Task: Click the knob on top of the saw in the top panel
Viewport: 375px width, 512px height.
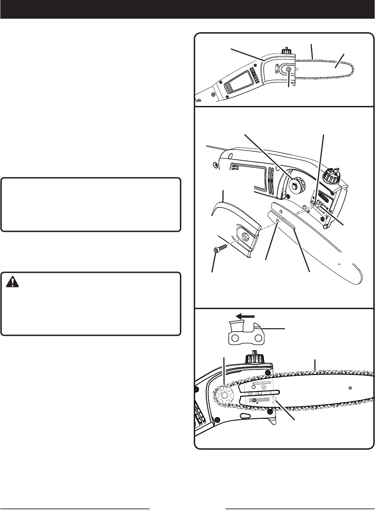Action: [287, 50]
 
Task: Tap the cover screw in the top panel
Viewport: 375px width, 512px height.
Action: [289, 70]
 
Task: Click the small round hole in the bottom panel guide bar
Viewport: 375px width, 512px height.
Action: [350, 387]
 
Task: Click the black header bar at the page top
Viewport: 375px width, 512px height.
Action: [187, 9]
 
